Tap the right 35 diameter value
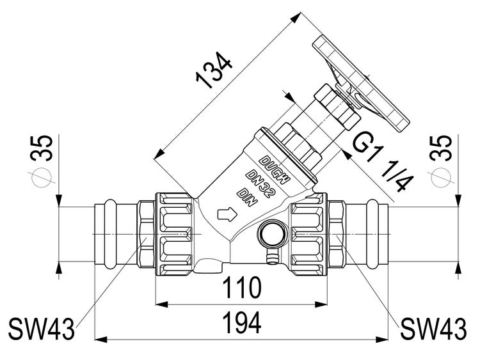pos(441,148)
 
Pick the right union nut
pos(310,234)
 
